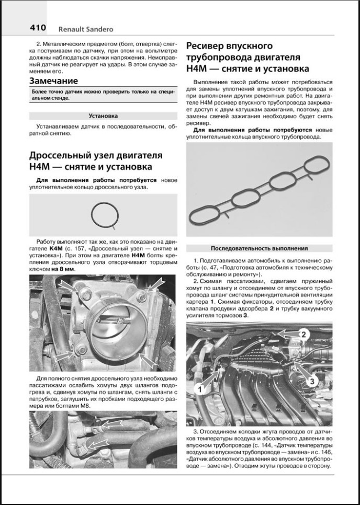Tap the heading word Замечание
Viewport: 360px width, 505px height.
pyautogui.click(x=54, y=81)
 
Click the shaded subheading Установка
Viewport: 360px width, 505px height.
pyautogui.click(x=103, y=116)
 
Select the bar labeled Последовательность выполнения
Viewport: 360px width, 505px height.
pyautogui.click(x=259, y=248)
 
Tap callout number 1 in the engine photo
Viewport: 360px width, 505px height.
pyautogui.click(x=199, y=388)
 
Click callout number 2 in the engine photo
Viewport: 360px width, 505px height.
pyautogui.click(x=302, y=333)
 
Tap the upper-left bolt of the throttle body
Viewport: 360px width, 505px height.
pyautogui.click(x=84, y=299)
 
